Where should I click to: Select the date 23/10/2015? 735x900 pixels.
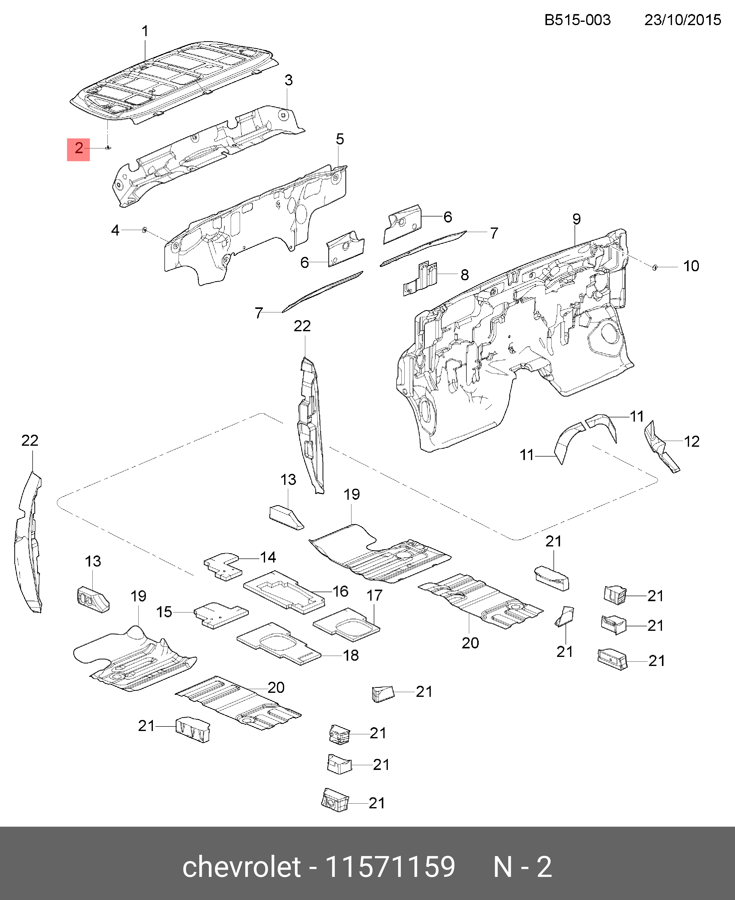pos(683,20)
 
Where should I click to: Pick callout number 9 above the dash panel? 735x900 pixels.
pos(576,219)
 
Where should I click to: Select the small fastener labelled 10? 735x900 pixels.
pos(655,267)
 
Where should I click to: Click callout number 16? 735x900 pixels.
pos(340,591)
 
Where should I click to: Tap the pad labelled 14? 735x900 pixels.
pos(223,566)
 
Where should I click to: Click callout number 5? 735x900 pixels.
pos(340,139)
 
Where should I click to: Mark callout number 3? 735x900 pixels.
pos(288,80)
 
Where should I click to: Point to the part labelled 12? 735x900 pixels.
pos(662,446)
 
